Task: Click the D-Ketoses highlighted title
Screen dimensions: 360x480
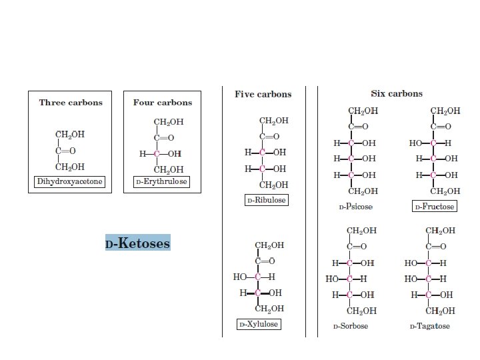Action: click(137, 243)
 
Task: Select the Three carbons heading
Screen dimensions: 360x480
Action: click(71, 103)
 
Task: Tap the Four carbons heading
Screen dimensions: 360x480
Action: click(163, 103)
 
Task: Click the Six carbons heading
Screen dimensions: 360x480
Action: click(397, 94)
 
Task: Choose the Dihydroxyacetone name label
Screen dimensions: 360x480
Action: click(70, 181)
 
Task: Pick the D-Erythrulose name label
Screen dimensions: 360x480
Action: click(161, 181)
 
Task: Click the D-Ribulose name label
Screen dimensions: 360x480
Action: click(266, 199)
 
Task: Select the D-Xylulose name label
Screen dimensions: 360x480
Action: click(259, 325)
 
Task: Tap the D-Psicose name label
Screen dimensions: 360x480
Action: click(355, 207)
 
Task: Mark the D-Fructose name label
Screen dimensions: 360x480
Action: click(434, 207)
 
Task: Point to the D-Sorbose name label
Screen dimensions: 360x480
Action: click(351, 327)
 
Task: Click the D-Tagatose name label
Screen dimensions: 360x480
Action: click(429, 327)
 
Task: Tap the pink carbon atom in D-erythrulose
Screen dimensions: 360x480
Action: click(156, 154)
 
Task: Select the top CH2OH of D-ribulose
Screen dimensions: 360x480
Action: click(273, 121)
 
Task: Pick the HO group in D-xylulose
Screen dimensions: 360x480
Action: click(240, 277)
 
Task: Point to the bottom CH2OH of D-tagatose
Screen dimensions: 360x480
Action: click(440, 310)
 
